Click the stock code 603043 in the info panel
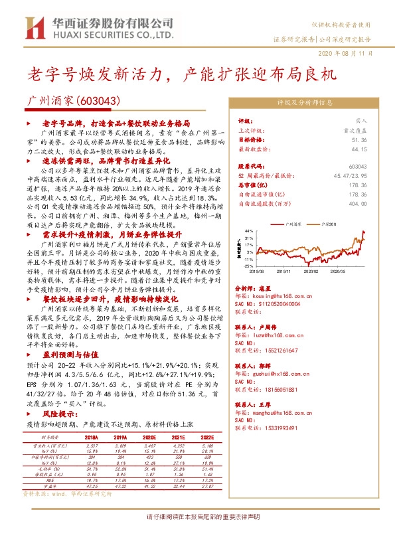pos(357,167)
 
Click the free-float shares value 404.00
pos(358,204)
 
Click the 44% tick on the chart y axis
pos(248,232)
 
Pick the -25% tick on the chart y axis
pos(248,266)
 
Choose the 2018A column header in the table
pos(91,438)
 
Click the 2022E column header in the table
pos(187,438)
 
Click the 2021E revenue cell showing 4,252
pos(163,445)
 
